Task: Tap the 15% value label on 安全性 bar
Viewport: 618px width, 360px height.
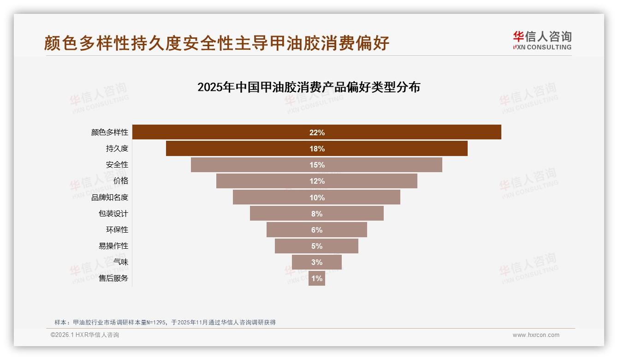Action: (x=317, y=165)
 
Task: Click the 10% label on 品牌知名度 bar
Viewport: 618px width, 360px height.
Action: (x=317, y=198)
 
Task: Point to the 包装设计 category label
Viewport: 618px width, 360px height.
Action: (x=113, y=214)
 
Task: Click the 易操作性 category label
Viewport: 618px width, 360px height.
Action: (x=113, y=246)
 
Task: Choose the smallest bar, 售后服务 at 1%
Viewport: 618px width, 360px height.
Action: (x=317, y=278)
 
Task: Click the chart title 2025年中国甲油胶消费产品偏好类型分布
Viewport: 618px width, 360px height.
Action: (x=309, y=87)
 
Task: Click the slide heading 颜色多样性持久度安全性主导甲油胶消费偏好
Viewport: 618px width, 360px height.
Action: (x=217, y=43)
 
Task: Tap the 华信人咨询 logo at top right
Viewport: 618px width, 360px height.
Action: (x=542, y=41)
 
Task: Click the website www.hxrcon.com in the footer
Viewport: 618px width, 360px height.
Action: (x=536, y=335)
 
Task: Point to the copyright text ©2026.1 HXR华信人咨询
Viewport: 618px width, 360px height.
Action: (x=85, y=335)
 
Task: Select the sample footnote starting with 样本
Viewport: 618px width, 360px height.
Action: (x=165, y=322)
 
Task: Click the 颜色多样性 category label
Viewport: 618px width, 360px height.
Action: (x=110, y=132)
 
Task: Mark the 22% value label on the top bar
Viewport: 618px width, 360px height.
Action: (x=317, y=132)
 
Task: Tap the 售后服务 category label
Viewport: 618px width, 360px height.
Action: (x=113, y=278)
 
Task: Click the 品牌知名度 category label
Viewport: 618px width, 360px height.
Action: (x=110, y=198)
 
